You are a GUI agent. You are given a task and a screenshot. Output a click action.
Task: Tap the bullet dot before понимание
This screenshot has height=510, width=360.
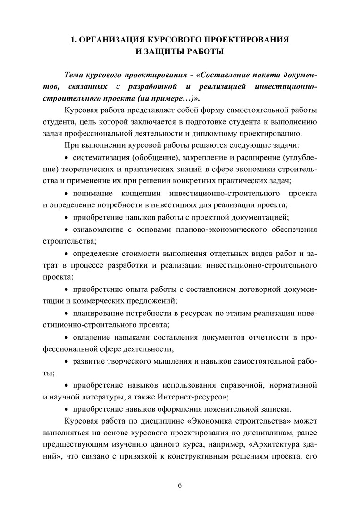[x=67, y=194]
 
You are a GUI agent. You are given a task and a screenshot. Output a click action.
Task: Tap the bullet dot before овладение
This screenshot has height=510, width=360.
[x=67, y=337]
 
